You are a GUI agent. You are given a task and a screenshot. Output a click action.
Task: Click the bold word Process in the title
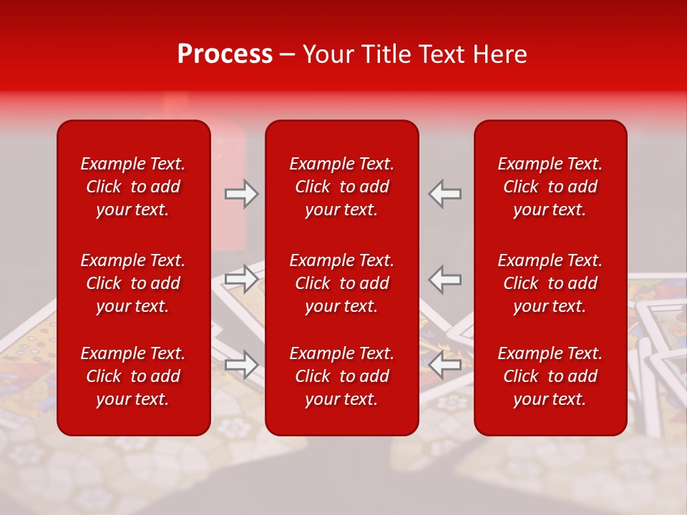[x=225, y=54]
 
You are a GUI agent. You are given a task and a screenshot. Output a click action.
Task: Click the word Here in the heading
[x=500, y=54]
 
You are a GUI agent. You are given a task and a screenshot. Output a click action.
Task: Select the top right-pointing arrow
[x=241, y=194]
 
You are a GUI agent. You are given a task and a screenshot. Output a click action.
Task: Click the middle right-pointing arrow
[x=241, y=279]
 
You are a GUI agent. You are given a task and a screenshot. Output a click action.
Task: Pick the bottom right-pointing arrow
[x=241, y=365]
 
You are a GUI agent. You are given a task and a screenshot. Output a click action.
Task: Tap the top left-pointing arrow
[x=445, y=194]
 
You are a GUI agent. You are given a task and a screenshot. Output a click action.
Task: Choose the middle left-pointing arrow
[x=445, y=279]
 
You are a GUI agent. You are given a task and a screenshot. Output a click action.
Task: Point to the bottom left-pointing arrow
[x=445, y=365]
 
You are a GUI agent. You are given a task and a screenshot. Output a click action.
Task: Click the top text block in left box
[x=133, y=187]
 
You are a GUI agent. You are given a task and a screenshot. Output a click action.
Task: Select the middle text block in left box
[x=133, y=283]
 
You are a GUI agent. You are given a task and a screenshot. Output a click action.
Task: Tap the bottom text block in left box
[x=133, y=376]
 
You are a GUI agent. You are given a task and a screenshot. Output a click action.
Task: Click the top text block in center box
[x=341, y=187]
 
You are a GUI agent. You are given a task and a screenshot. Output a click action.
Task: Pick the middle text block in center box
[x=341, y=283]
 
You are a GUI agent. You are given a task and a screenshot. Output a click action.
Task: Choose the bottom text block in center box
[x=341, y=376]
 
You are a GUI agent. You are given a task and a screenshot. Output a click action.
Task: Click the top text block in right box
[x=550, y=187]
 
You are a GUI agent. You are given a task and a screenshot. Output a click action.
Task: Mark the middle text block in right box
[x=550, y=283]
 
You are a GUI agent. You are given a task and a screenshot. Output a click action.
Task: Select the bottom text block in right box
[x=550, y=376]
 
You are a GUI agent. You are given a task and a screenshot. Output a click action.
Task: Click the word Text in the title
[x=441, y=54]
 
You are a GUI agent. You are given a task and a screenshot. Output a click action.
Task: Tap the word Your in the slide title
[x=326, y=54]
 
